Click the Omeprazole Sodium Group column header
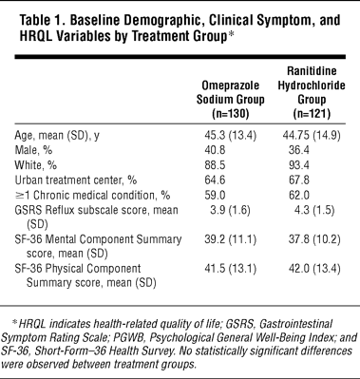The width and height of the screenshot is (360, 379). (x=231, y=100)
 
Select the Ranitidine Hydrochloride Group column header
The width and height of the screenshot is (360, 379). (x=312, y=92)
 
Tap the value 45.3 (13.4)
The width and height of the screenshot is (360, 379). (x=230, y=136)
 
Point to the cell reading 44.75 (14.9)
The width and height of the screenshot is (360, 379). (x=312, y=136)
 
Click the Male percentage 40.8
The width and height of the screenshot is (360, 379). (x=215, y=150)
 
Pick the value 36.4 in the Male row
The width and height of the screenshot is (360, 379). (x=299, y=150)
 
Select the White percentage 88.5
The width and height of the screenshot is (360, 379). (x=215, y=165)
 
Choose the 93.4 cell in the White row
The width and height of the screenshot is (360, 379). (x=299, y=165)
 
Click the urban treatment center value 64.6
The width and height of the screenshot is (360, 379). (x=215, y=180)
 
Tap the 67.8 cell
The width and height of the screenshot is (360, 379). (x=299, y=180)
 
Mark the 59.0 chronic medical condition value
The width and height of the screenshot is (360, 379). (x=215, y=195)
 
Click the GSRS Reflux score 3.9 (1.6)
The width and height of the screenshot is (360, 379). (x=230, y=210)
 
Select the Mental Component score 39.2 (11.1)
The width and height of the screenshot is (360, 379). (x=230, y=239)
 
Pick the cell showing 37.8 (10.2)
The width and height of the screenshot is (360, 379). (x=314, y=239)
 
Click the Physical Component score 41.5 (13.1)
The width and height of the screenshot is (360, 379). (x=230, y=269)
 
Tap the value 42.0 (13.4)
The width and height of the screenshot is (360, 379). (x=314, y=269)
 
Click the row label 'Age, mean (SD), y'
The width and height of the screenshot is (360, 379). (x=57, y=136)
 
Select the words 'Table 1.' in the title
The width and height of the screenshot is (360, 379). (x=43, y=20)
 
